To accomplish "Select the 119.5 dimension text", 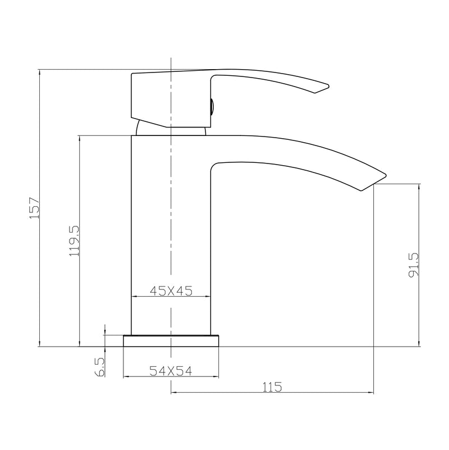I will pos(74,240).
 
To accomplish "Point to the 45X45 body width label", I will pos(171,290).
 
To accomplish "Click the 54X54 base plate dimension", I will pos(171,370).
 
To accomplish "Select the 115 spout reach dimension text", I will pos(271,387).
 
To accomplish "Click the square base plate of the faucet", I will pos(171,341).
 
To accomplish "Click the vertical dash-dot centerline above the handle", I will pos(170,62).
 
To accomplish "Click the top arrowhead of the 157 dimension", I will pos(40,72).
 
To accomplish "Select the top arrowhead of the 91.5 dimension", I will pos(419,186).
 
